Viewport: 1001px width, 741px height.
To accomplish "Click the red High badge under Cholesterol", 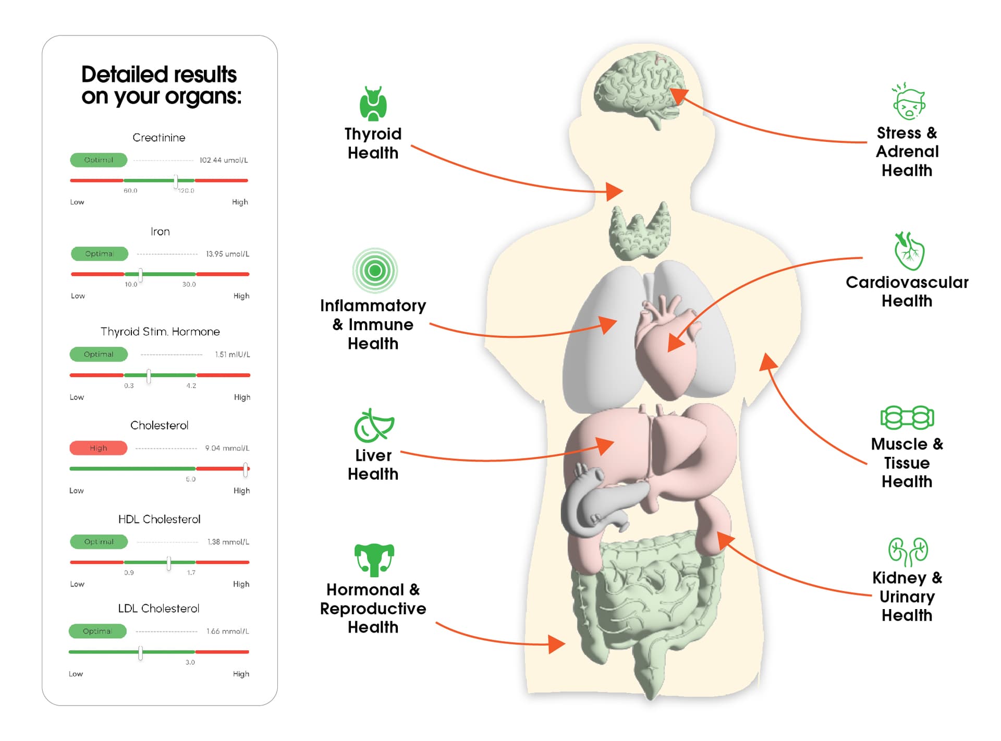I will click(98, 448).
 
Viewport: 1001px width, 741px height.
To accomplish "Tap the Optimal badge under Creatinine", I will click(99, 160).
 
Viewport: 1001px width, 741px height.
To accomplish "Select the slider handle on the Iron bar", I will click(141, 274).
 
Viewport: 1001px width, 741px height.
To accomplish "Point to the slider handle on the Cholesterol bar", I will click(246, 469).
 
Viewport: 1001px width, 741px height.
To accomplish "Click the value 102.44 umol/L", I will click(224, 160).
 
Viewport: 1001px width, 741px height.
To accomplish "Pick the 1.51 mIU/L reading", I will click(233, 355).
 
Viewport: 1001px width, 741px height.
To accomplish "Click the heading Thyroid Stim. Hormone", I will click(160, 332).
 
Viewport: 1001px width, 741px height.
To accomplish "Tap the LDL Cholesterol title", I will click(158, 609).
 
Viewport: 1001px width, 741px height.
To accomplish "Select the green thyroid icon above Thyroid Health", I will click(373, 103).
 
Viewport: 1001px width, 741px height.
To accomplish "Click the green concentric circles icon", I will click(375, 271).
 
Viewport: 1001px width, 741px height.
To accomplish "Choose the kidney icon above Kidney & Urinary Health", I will click(908, 552).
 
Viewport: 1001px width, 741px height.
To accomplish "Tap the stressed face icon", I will click(909, 102).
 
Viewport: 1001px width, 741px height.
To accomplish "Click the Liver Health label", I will click(373, 465).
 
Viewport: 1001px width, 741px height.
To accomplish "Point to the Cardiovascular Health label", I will click(907, 291).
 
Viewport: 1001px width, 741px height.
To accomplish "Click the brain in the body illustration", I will click(639, 86).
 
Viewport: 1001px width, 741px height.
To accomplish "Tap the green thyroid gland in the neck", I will click(640, 232).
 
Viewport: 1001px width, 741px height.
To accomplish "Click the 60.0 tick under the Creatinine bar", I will click(130, 191).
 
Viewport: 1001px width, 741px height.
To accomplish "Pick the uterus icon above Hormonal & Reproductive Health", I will click(374, 560).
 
